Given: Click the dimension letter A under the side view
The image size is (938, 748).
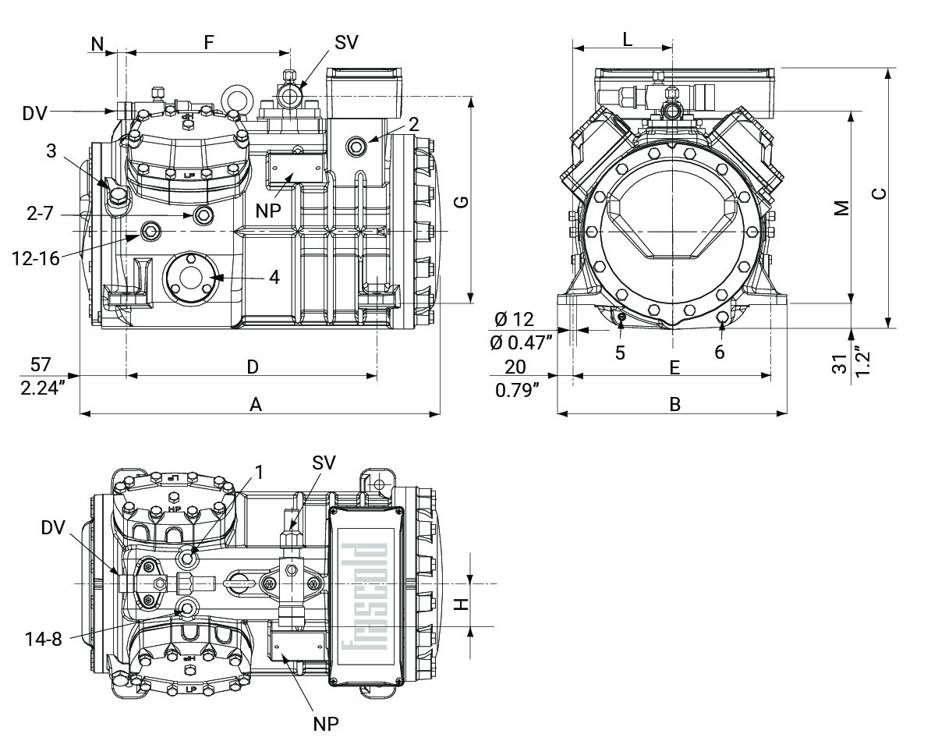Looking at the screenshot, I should [255, 403].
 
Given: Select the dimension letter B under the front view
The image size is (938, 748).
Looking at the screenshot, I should [675, 404].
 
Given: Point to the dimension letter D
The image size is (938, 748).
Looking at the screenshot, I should [253, 366].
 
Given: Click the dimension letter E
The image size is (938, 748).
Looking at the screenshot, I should [675, 366].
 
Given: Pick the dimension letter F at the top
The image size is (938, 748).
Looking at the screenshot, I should [208, 43].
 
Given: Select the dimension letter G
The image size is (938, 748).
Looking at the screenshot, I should [461, 201].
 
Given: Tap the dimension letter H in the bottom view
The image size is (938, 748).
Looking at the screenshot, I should [461, 604].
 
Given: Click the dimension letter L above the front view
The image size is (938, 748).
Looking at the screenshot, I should [628, 39].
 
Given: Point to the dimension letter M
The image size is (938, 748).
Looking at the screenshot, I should [841, 208].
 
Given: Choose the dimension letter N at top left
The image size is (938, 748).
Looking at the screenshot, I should [97, 44].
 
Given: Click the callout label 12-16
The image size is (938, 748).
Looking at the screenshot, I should [36, 258].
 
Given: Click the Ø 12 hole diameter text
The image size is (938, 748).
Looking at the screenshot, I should [515, 319].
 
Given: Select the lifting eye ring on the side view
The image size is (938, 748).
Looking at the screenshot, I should [234, 98].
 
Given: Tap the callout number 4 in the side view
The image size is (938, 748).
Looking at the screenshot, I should [274, 277].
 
